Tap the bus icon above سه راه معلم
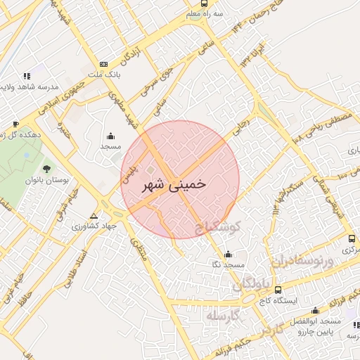tap(204, 4)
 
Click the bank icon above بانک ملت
tap(104, 64)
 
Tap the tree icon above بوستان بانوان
tap(46, 168)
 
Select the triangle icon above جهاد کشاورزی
tap(94, 215)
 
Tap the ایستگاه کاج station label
tap(277, 300)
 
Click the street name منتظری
tap(139, 249)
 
